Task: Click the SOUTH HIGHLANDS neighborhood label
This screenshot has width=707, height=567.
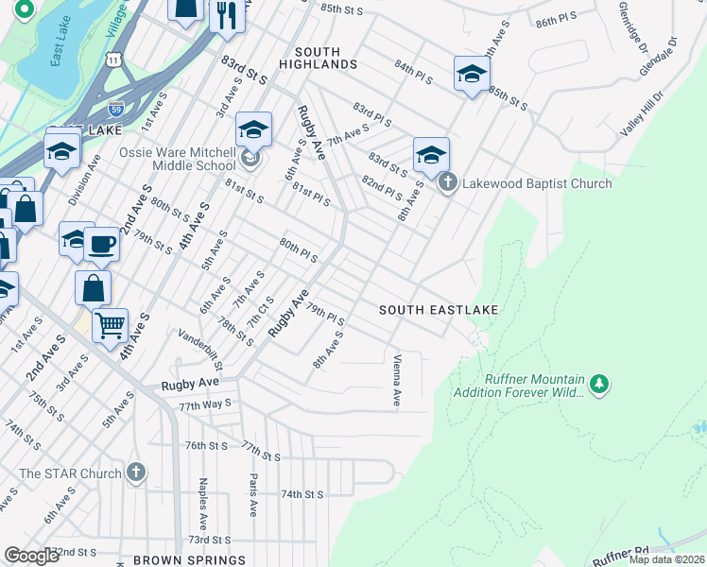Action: tap(325, 57)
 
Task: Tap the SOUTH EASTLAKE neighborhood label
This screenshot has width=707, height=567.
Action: tap(439, 310)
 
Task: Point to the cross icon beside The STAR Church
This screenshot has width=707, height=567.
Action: tap(136, 472)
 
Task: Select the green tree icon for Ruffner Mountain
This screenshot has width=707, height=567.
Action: tap(597, 385)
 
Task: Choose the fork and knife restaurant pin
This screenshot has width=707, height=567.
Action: tap(227, 15)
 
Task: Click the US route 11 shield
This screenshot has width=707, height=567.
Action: tap(114, 60)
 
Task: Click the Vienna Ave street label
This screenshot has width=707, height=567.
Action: tap(396, 380)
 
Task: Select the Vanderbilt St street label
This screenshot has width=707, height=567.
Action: tap(200, 350)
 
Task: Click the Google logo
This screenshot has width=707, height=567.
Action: tap(31, 555)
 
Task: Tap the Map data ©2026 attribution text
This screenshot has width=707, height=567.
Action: tap(665, 559)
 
